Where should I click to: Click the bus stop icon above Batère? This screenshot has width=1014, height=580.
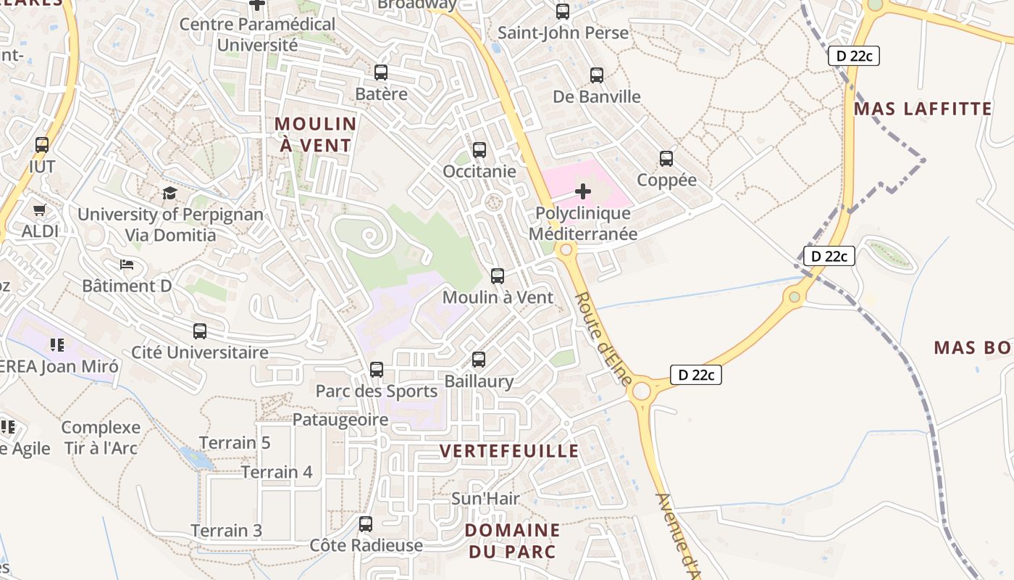[x=381, y=72]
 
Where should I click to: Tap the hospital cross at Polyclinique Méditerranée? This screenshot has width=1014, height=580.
[x=583, y=191]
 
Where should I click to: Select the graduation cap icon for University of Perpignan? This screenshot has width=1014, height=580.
[x=169, y=193]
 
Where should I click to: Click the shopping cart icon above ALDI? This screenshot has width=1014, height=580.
[x=40, y=210]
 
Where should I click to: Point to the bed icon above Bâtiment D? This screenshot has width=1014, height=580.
[x=127, y=265]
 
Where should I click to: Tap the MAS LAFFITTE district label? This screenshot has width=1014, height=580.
[x=923, y=109]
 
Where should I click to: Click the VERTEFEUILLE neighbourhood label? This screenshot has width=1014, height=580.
[x=509, y=451]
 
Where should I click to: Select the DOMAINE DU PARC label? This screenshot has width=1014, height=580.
[x=512, y=541]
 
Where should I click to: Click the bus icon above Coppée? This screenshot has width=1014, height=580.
[x=666, y=158]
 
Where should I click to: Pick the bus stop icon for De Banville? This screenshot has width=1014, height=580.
[x=597, y=75]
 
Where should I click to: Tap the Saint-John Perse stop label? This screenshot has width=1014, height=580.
[x=563, y=33]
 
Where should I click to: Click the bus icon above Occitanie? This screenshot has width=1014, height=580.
[x=479, y=150]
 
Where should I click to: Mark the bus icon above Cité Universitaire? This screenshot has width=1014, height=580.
[x=200, y=331]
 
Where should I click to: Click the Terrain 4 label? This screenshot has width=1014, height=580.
[x=277, y=473]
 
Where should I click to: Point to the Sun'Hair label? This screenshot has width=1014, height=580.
[x=485, y=499]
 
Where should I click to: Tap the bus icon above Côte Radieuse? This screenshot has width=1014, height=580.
[x=366, y=523]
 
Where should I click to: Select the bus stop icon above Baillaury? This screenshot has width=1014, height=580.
[x=479, y=360]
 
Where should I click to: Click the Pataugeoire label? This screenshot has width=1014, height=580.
[x=340, y=420]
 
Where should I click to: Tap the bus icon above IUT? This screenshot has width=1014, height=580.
[x=42, y=145]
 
